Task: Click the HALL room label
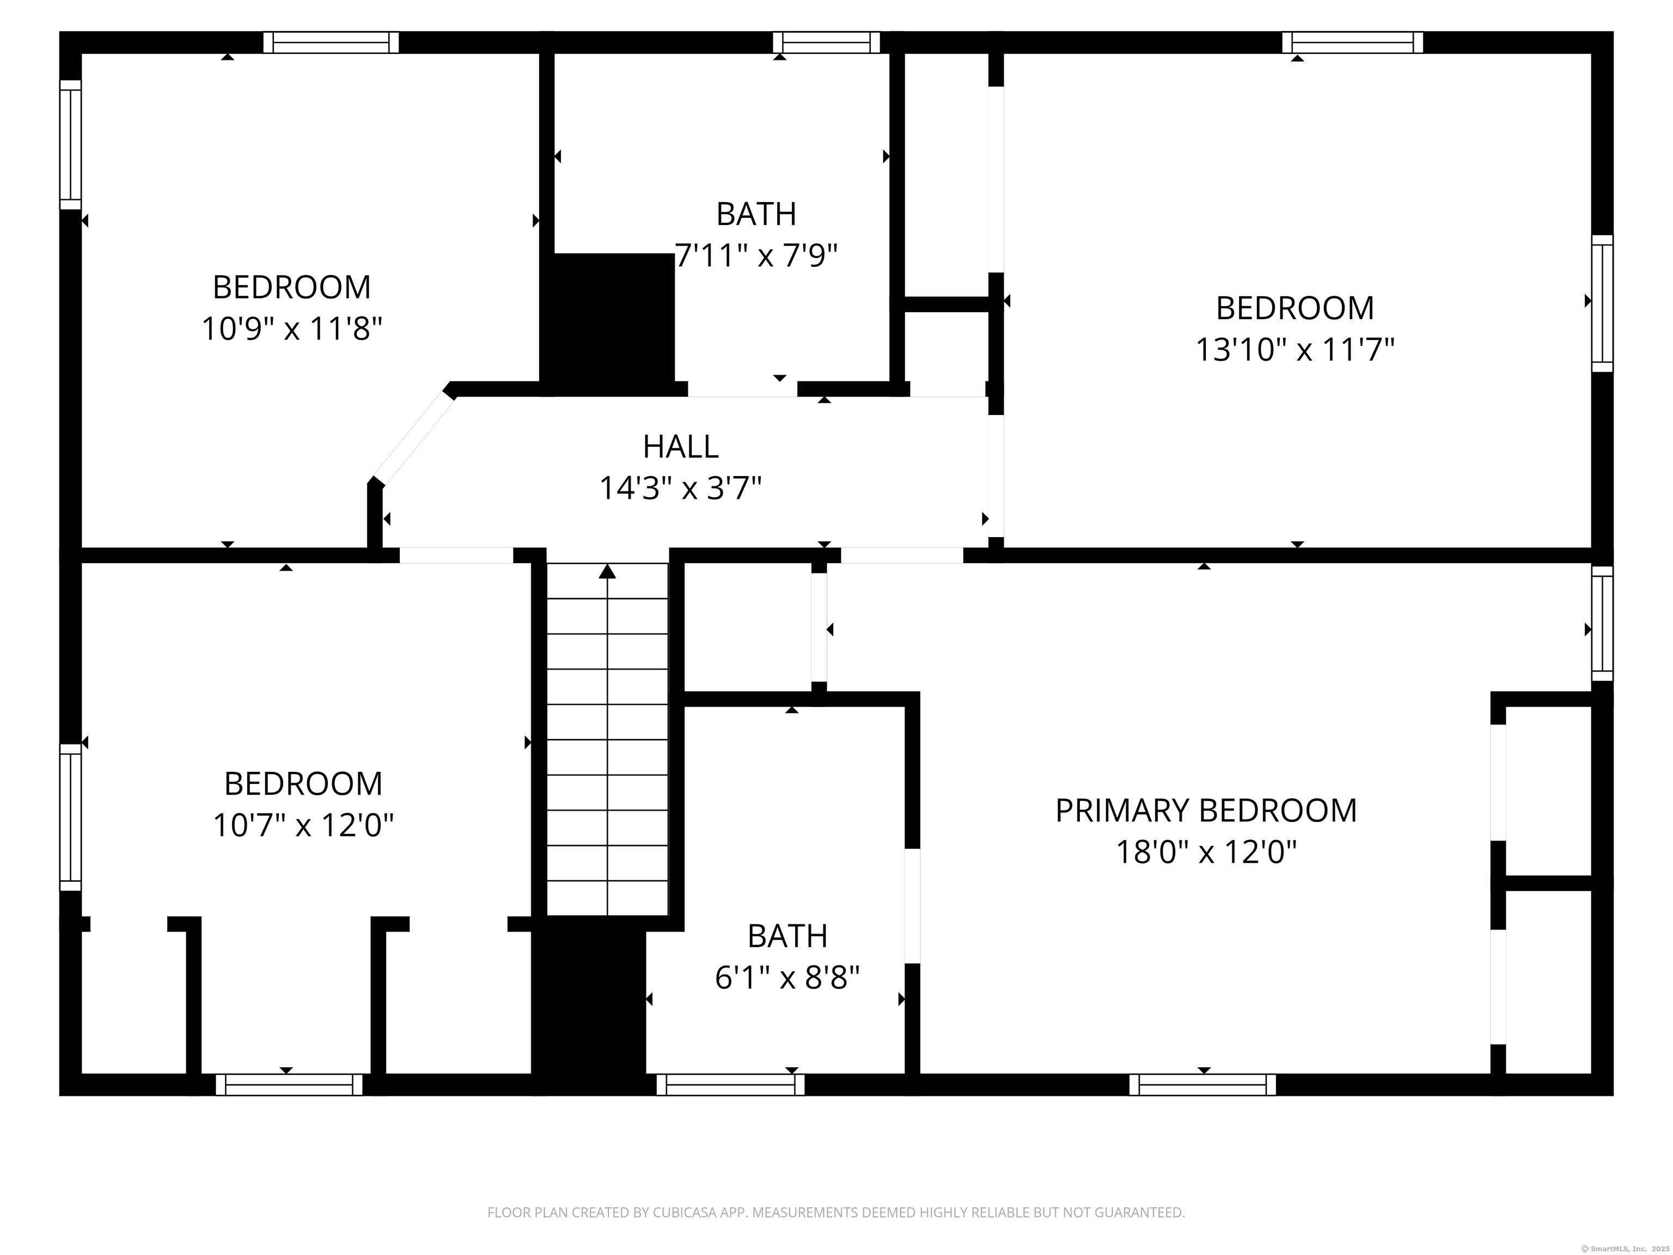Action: click(x=680, y=447)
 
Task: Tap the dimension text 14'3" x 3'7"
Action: click(x=680, y=489)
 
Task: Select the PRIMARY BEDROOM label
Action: click(x=1206, y=810)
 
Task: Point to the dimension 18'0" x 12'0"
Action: click(x=1206, y=852)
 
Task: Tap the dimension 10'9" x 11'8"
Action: click(x=291, y=329)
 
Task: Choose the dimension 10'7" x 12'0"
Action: click(x=303, y=825)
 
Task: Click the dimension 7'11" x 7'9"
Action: click(x=756, y=255)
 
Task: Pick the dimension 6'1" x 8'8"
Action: click(x=787, y=978)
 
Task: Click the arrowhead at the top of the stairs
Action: click(x=607, y=571)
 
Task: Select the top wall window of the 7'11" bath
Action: click(x=826, y=42)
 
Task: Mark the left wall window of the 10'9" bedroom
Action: click(x=70, y=144)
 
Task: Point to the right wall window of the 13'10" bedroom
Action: click(x=1602, y=303)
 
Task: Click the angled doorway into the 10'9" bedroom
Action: click(x=413, y=438)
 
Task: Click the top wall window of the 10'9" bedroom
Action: click(x=331, y=42)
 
